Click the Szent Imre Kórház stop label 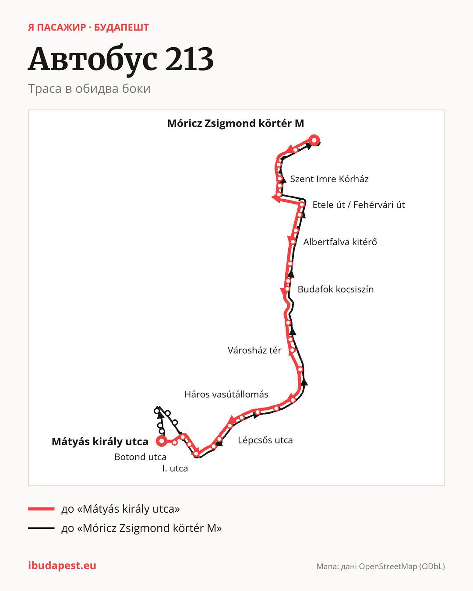click(329, 179)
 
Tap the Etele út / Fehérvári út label click(359, 205)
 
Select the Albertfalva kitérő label click(340, 242)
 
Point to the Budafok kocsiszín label click(335, 289)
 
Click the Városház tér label click(254, 350)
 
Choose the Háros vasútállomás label click(226, 394)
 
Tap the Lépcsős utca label click(265, 440)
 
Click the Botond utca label click(140, 457)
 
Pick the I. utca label click(175, 468)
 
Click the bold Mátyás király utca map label click(100, 442)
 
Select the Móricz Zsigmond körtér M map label click(236, 123)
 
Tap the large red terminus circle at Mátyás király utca click(162, 441)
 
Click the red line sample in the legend click(41, 509)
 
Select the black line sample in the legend click(41, 528)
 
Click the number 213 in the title click(189, 59)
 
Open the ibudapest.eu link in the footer click(62, 566)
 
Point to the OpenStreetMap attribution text click(381, 566)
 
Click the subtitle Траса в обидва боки click(89, 89)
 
